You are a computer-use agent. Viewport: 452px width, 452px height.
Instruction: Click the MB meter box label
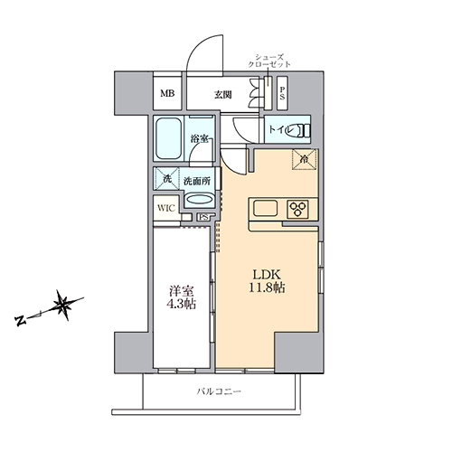pyautogui.click(x=167, y=94)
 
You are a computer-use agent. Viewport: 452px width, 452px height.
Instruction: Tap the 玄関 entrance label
pyautogui.click(x=223, y=95)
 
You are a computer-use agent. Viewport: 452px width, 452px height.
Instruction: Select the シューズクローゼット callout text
pyautogui.click(x=269, y=61)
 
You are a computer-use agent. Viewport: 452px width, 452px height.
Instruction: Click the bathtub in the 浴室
pyautogui.click(x=169, y=139)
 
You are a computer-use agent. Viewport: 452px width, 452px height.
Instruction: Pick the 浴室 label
pyautogui.click(x=199, y=139)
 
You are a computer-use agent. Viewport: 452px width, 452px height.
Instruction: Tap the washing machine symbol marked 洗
pyautogui.click(x=166, y=179)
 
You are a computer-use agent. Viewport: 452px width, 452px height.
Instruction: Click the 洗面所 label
pyautogui.click(x=197, y=182)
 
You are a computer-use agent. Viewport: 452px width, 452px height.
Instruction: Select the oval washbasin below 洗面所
pyautogui.click(x=200, y=201)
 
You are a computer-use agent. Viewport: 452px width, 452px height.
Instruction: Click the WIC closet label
pyautogui.click(x=166, y=208)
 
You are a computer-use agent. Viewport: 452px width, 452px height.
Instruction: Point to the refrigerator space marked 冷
pyautogui.click(x=305, y=159)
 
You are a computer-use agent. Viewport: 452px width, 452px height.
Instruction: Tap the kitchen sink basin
pyautogui.click(x=266, y=209)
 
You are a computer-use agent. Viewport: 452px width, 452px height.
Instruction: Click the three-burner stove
pyautogui.click(x=297, y=209)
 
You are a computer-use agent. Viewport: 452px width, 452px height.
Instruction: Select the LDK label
pyautogui.click(x=267, y=275)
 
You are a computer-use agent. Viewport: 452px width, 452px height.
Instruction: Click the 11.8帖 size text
pyautogui.click(x=267, y=287)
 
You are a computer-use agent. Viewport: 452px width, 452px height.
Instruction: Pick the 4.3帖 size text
pyautogui.click(x=182, y=304)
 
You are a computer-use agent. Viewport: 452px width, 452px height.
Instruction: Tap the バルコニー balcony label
pyautogui.click(x=219, y=391)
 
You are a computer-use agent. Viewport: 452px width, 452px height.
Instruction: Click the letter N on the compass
pyautogui.click(x=21, y=321)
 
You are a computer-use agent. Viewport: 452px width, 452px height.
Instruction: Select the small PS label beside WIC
pyautogui.click(x=203, y=217)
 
